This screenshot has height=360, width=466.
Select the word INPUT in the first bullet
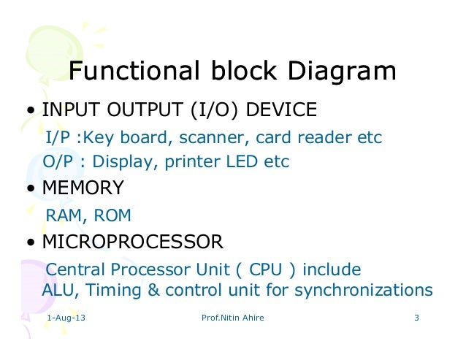pos(66,110)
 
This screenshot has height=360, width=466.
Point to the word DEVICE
pos(281,110)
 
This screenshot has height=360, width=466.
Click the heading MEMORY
pos(83,188)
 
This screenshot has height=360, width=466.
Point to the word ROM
pos(112,215)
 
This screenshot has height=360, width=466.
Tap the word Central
pos(75,269)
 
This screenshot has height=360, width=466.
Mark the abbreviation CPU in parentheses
pos(267,269)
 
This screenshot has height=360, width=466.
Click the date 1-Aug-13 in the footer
pos(65,320)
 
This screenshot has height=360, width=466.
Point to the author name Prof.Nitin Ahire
pos(232,320)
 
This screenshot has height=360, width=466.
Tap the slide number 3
pos(416,320)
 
